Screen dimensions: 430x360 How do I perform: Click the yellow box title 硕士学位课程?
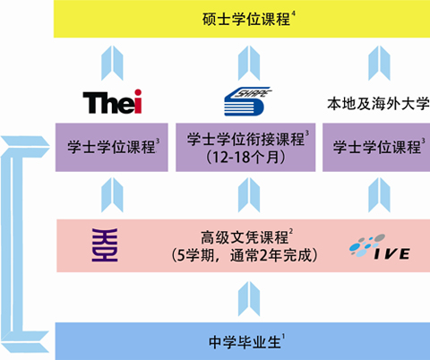(x=246, y=20)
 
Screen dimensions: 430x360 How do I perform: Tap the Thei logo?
(x=112, y=101)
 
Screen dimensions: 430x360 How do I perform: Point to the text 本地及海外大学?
(x=378, y=104)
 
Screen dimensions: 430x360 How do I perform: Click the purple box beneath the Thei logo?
(x=112, y=147)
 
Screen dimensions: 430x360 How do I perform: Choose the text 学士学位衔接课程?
(x=245, y=139)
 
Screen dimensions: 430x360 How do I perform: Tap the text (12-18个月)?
(x=245, y=158)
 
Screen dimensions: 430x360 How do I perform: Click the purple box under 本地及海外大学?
(x=376, y=147)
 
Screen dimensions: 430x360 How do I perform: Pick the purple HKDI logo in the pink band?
(x=105, y=245)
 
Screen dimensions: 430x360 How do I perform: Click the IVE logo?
(x=380, y=246)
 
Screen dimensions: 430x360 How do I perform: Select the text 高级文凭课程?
(x=245, y=237)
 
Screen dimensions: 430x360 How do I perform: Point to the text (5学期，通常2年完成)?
(x=245, y=255)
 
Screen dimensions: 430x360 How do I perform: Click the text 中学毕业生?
(x=245, y=342)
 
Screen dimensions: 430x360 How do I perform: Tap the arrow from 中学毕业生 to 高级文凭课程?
(x=249, y=299)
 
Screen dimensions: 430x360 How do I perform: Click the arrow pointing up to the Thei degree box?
(x=112, y=195)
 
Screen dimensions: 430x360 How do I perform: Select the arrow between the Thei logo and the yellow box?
(x=112, y=63)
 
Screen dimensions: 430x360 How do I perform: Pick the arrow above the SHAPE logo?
(x=249, y=63)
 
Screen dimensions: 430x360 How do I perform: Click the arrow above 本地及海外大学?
(x=379, y=63)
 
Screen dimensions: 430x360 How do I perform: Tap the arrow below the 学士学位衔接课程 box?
(x=249, y=195)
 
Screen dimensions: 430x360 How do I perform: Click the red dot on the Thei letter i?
(x=138, y=93)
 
